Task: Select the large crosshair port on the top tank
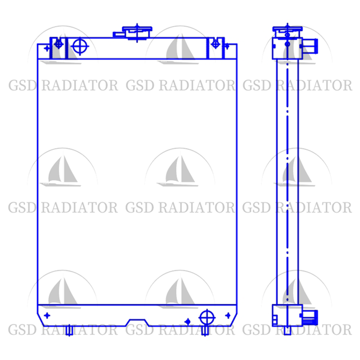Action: [x=79, y=47]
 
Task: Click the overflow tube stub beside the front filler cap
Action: [x=119, y=35]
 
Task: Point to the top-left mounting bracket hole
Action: [x=59, y=44]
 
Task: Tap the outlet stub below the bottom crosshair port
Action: [x=206, y=330]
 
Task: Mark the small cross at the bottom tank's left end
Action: [x=47, y=315]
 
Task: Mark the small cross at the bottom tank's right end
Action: [x=227, y=315]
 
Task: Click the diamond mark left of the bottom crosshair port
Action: [x=187, y=322]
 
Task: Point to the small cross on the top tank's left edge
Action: [x=47, y=48]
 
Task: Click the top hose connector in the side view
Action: [x=309, y=47]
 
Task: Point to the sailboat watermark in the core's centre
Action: [x=180, y=173]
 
